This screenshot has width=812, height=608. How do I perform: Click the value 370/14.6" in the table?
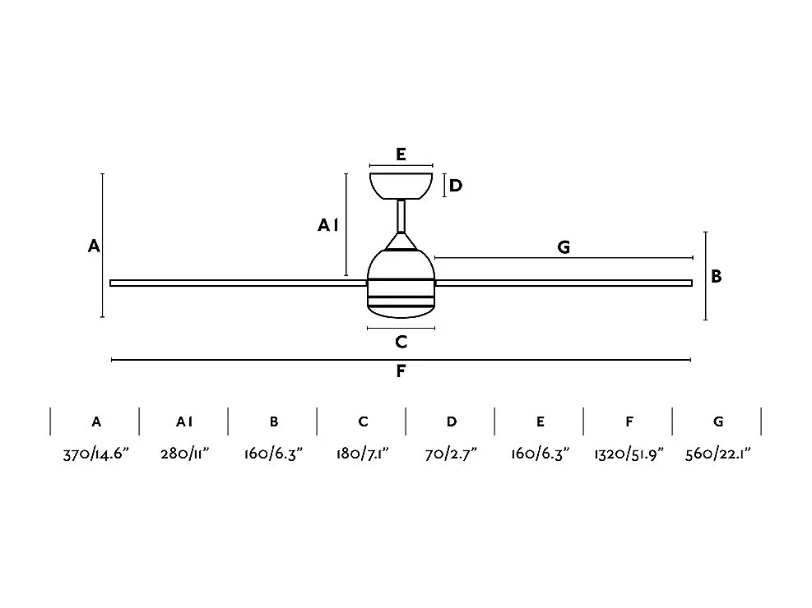[97, 454]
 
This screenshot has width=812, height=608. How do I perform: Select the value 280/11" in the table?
[185, 454]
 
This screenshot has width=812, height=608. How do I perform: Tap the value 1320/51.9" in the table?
[629, 454]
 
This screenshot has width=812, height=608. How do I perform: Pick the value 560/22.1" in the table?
[718, 454]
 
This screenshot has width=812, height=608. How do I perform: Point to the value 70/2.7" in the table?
[452, 454]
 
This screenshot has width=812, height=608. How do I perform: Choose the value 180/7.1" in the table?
[363, 454]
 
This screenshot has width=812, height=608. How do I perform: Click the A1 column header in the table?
[184, 421]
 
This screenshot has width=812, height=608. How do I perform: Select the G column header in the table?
[718, 421]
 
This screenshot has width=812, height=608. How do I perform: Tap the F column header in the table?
[629, 421]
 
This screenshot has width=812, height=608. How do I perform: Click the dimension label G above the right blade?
[564, 246]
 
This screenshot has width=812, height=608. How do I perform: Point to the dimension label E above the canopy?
[401, 154]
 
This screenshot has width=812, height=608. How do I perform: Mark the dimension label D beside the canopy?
[456, 186]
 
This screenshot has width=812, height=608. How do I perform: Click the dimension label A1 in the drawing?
[328, 224]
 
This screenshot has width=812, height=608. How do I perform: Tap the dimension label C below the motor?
[401, 342]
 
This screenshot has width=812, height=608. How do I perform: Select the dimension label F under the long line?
[401, 371]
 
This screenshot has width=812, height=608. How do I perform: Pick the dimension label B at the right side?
[717, 277]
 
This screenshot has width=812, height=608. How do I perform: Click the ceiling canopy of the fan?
[401, 185]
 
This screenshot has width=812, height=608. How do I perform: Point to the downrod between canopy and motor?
[401, 216]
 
